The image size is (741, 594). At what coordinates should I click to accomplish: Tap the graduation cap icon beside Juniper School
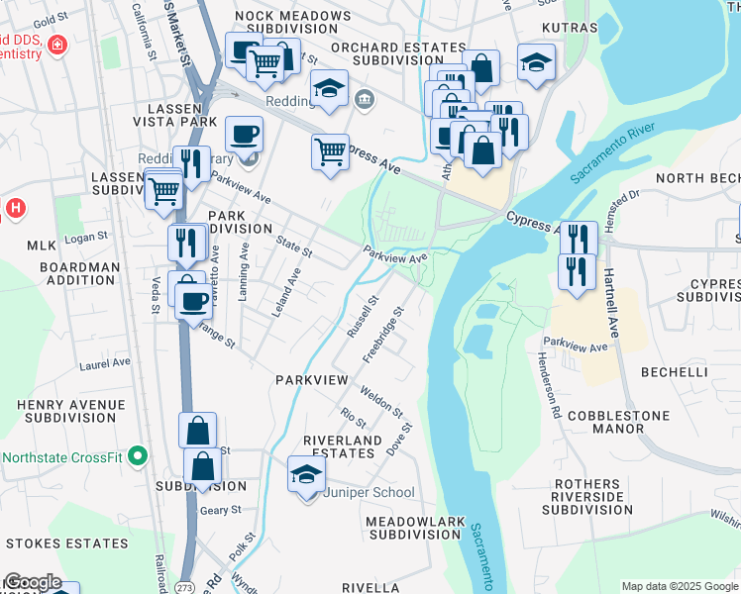click(x=306, y=474)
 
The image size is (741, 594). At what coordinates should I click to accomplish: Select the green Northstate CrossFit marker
click(x=138, y=457)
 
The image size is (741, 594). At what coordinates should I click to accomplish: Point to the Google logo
click(x=33, y=583)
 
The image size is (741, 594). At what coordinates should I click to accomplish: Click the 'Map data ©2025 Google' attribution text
click(x=680, y=586)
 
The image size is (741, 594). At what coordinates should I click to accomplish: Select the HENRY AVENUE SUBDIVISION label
click(x=70, y=412)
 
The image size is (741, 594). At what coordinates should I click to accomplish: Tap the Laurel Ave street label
click(x=105, y=364)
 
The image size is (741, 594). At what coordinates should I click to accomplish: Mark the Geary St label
click(x=221, y=510)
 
